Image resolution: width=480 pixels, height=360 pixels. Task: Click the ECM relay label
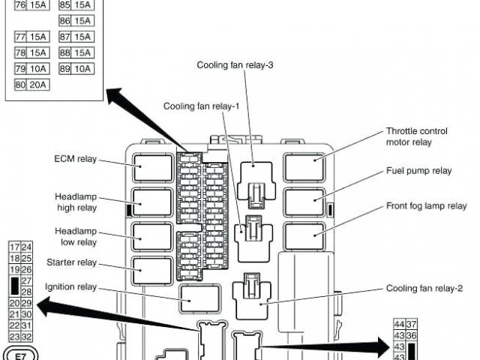click(76, 159)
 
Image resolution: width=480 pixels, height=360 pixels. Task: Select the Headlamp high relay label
click(76, 201)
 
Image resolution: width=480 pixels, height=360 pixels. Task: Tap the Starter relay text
click(71, 262)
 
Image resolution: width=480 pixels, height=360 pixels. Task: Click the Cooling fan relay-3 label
click(235, 65)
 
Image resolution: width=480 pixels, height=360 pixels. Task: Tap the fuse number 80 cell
click(20, 85)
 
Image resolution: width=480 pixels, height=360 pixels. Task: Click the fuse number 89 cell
click(65, 69)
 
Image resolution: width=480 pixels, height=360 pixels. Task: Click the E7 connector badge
click(20, 352)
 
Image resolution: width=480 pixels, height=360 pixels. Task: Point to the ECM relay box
click(152, 167)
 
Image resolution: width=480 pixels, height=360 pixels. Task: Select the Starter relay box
click(152, 270)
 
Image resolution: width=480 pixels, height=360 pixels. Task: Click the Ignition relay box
click(199, 298)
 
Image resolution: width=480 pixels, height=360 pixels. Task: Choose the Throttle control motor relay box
click(304, 166)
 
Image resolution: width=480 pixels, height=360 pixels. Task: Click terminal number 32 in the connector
click(27, 337)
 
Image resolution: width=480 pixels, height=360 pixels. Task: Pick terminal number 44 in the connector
click(399, 324)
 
